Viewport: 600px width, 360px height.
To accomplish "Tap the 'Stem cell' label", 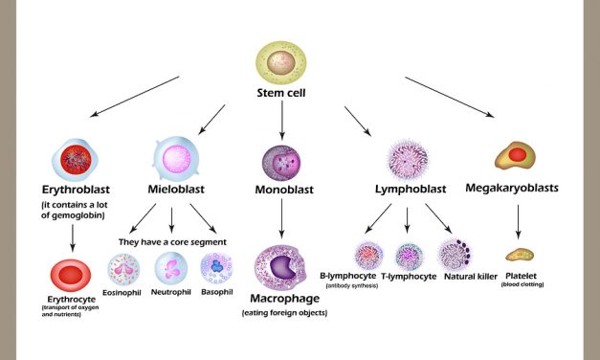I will pos(282,94).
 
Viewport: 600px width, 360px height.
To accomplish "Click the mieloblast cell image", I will pos(177,157).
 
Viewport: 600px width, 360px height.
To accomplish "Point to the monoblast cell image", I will pos(282,162).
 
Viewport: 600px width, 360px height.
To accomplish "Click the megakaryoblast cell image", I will pos(516,155).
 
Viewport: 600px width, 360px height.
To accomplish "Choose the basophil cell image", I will pos(217,270).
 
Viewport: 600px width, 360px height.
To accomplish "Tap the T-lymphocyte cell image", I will pos(410,256).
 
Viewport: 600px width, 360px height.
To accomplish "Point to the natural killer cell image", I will pos(454,256).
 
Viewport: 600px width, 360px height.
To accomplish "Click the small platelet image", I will pos(521,256).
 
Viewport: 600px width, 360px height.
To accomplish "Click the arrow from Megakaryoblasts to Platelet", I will pos(519,221).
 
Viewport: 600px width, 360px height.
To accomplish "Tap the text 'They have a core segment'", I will pos(173,214).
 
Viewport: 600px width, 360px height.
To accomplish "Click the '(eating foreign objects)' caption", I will pos(284,313).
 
